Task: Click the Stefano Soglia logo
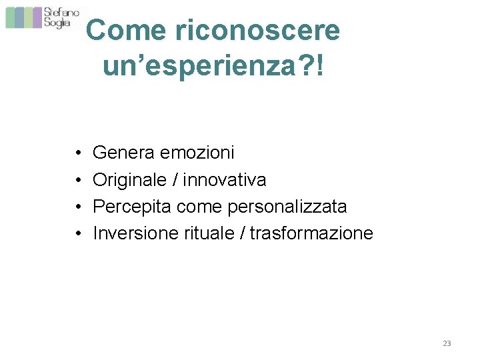click(44, 17)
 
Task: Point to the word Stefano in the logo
click(62, 12)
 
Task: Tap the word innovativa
click(225, 179)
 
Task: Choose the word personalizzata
click(287, 207)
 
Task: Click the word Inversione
click(136, 233)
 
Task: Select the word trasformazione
click(311, 233)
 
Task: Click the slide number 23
click(447, 343)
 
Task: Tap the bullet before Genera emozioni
click(79, 153)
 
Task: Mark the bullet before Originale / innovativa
click(79, 180)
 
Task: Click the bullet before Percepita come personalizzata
click(79, 207)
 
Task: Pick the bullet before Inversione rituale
click(79, 234)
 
